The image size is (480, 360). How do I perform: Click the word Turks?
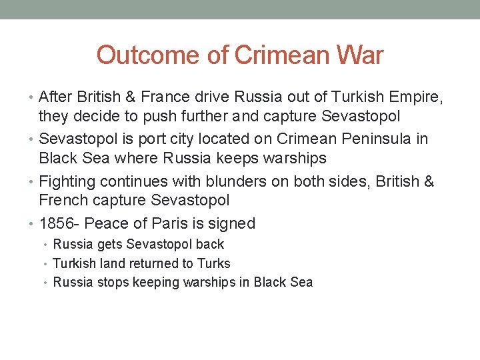pos(215,263)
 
